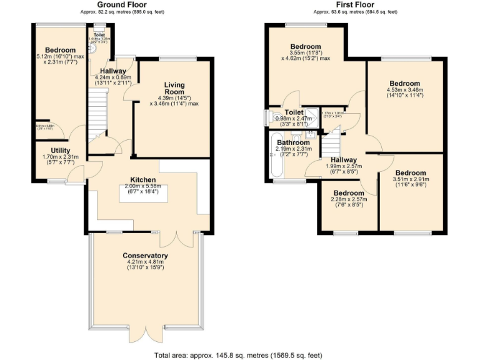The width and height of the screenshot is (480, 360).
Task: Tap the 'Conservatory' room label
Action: tap(145, 256)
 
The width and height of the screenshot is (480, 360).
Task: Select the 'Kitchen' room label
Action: tap(143, 180)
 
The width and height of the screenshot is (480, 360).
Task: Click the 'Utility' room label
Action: tap(61, 151)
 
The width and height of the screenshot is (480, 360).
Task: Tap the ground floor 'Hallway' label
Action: tap(112, 71)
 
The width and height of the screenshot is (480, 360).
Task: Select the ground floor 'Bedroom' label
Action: tap(60, 50)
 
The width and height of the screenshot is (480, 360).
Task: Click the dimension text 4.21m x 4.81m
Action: tap(145, 263)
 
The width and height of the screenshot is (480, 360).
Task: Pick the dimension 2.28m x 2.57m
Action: tap(348, 200)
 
